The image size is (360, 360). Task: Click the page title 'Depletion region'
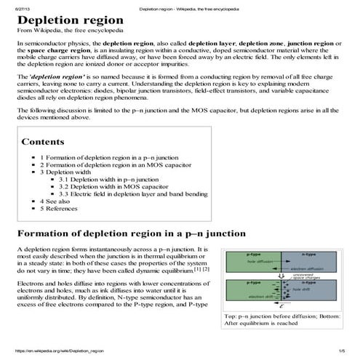point(65,20)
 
